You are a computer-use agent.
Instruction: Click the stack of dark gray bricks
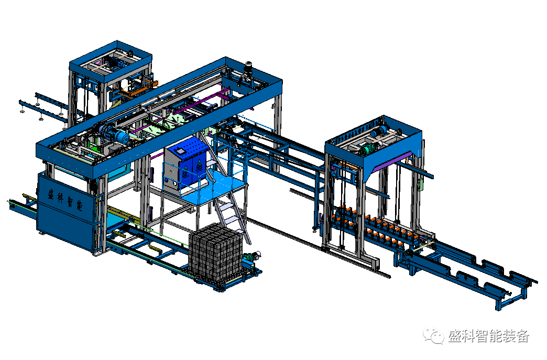pyautogui.click(x=215, y=251)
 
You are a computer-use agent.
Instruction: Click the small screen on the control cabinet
pyautogui.click(x=180, y=151)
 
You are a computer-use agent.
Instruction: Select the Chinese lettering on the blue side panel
pyautogui.click(x=65, y=200)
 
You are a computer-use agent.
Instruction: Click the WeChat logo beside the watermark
pyautogui.click(x=433, y=335)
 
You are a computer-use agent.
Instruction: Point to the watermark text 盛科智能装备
pyautogui.click(x=488, y=336)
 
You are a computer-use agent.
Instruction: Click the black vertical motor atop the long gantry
pyautogui.click(x=248, y=69)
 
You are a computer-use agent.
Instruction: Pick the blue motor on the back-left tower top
pyautogui.click(x=117, y=63)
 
